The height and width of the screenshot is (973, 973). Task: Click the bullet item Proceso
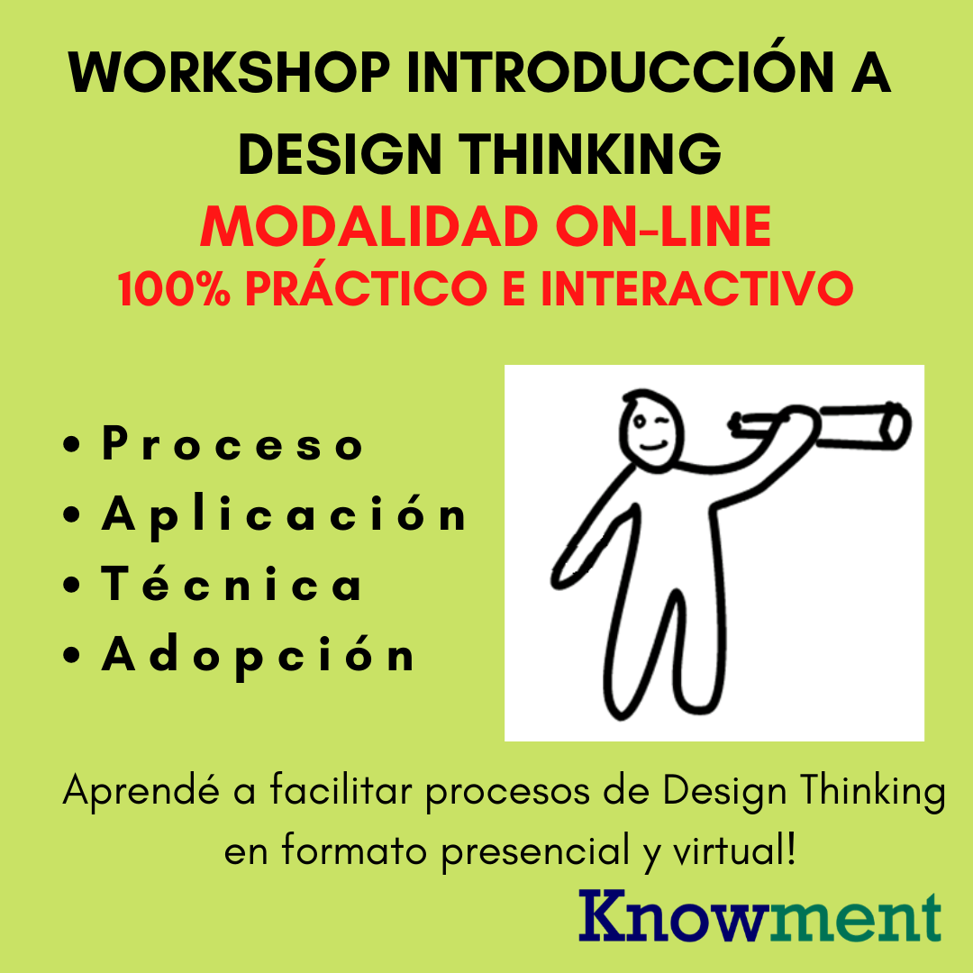(232, 446)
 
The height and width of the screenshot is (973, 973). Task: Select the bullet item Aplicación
(284, 515)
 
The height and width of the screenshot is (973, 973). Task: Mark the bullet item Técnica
(232, 586)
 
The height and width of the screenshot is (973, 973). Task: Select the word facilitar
(328, 793)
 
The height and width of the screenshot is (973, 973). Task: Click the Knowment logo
(759, 916)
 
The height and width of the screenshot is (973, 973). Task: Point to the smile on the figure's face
(655, 443)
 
